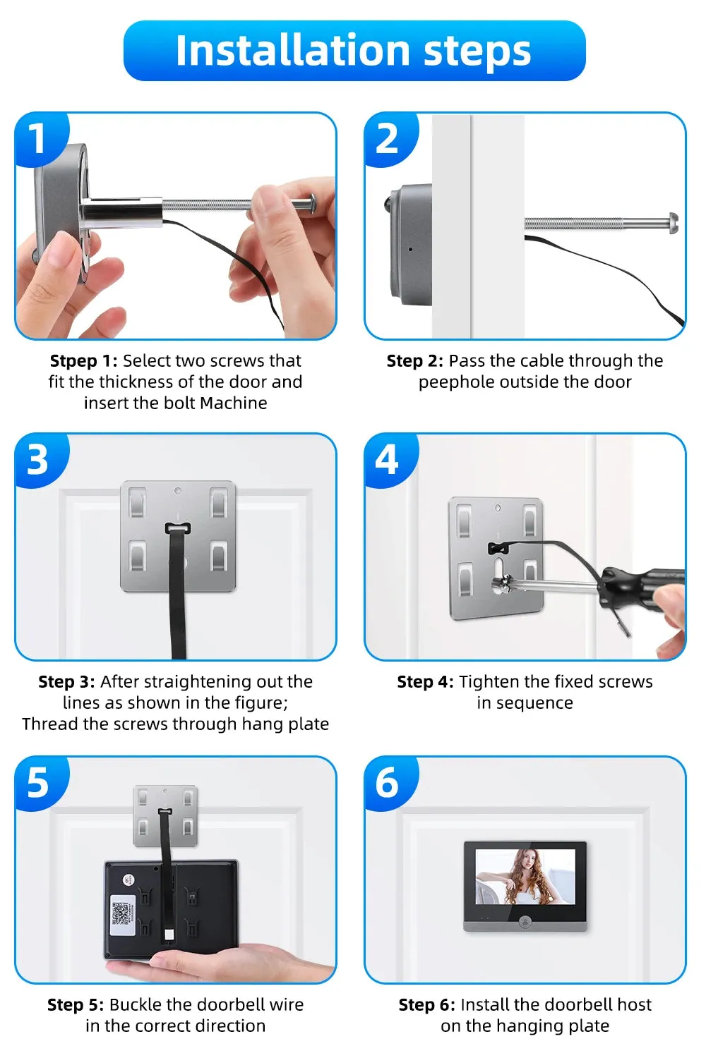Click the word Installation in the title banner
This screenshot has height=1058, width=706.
[x=292, y=50]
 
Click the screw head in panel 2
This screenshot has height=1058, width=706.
[x=674, y=223]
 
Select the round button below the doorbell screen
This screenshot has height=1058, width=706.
[x=525, y=920]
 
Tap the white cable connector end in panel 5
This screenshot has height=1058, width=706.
[x=169, y=935]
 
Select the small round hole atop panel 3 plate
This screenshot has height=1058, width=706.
[x=178, y=491]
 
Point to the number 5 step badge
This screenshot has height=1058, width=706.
[x=39, y=783]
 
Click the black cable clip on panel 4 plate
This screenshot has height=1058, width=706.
[x=496, y=548]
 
